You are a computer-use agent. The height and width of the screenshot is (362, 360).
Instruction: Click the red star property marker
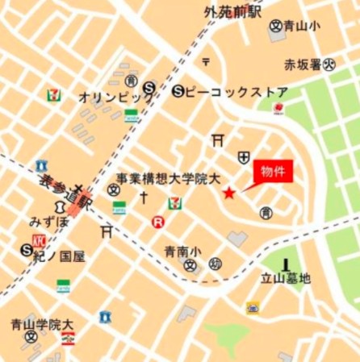coord(229,193)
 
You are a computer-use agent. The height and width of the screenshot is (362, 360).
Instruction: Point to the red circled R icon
coord(158,221)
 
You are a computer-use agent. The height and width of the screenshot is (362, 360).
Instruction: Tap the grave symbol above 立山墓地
coord(286,263)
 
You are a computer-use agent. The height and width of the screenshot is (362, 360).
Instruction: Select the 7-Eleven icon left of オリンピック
coord(53,94)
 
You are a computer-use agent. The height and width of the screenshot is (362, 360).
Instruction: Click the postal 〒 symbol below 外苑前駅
coord(206,61)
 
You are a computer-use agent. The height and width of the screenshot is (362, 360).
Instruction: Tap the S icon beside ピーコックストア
coord(177,92)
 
